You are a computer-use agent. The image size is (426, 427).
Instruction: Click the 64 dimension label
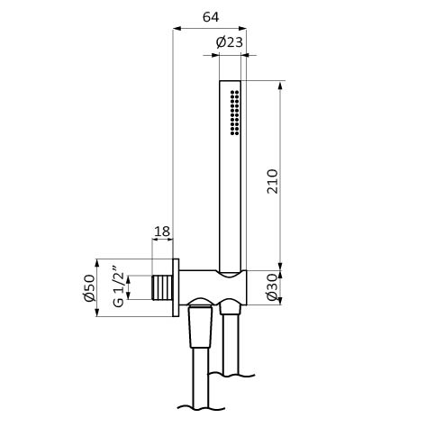pos(211,17)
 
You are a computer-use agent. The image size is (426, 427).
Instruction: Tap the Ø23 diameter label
pos(229,42)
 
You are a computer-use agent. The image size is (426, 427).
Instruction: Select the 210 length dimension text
pos(273,181)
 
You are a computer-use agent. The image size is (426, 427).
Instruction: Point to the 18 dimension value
pos(162,232)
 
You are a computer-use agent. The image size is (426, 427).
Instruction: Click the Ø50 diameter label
pos(89,287)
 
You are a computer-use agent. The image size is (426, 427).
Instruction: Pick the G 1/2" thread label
pos(119,286)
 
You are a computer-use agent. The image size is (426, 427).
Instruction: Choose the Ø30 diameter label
pos(272,286)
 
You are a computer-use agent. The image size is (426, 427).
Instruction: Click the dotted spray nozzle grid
pos(234,113)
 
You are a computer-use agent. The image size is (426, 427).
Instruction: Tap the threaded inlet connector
pos(162,287)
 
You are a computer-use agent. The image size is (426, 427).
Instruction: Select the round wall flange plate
pos(176,287)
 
